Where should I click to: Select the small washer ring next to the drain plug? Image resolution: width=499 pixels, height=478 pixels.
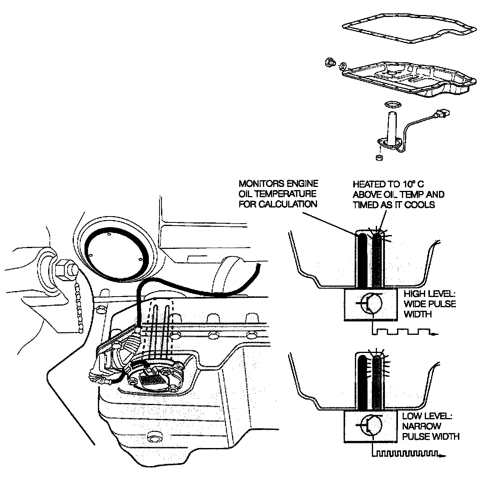[343, 65]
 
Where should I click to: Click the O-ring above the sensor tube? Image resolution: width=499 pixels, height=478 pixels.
[392, 105]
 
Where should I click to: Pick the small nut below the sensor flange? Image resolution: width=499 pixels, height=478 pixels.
[380, 158]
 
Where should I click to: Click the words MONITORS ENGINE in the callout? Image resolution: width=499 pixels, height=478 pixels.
[278, 184]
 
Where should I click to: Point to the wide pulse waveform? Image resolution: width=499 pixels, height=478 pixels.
[403, 331]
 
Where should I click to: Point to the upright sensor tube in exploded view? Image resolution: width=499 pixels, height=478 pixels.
[392, 126]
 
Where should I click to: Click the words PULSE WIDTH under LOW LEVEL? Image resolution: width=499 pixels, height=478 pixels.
[431, 436]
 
